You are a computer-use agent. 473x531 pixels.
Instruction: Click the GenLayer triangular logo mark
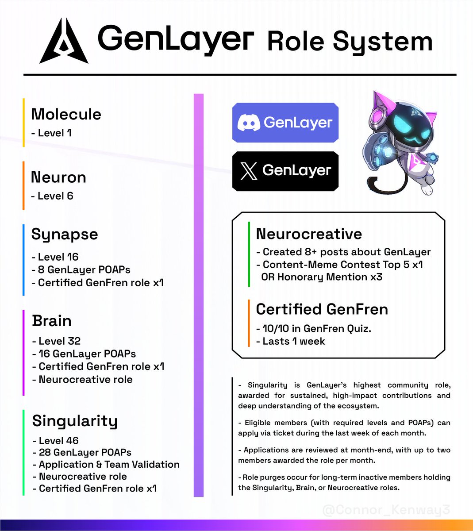(x=64, y=42)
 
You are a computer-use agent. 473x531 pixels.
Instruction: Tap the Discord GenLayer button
(x=285, y=123)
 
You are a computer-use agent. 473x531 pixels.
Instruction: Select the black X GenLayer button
(x=285, y=171)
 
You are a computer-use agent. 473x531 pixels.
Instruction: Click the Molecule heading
(x=66, y=114)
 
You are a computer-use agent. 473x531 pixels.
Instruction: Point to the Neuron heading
(x=58, y=177)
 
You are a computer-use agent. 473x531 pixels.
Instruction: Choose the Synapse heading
(x=65, y=234)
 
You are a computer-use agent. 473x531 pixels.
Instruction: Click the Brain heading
(x=52, y=321)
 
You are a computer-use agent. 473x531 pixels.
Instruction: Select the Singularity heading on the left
(x=75, y=421)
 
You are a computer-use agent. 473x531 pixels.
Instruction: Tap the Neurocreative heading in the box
(x=309, y=234)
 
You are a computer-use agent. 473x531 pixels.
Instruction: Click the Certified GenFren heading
(x=322, y=309)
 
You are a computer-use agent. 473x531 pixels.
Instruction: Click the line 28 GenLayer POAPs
(x=82, y=453)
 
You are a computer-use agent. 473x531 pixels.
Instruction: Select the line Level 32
(x=57, y=341)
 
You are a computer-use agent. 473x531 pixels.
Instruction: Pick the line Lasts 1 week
(x=291, y=341)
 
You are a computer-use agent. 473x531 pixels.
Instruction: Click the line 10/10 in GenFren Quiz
(x=314, y=328)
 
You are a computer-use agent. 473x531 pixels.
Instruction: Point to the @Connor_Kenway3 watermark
(x=386, y=510)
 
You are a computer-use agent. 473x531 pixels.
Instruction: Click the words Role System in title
(x=350, y=42)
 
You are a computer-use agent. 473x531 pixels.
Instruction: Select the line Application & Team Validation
(x=106, y=465)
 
